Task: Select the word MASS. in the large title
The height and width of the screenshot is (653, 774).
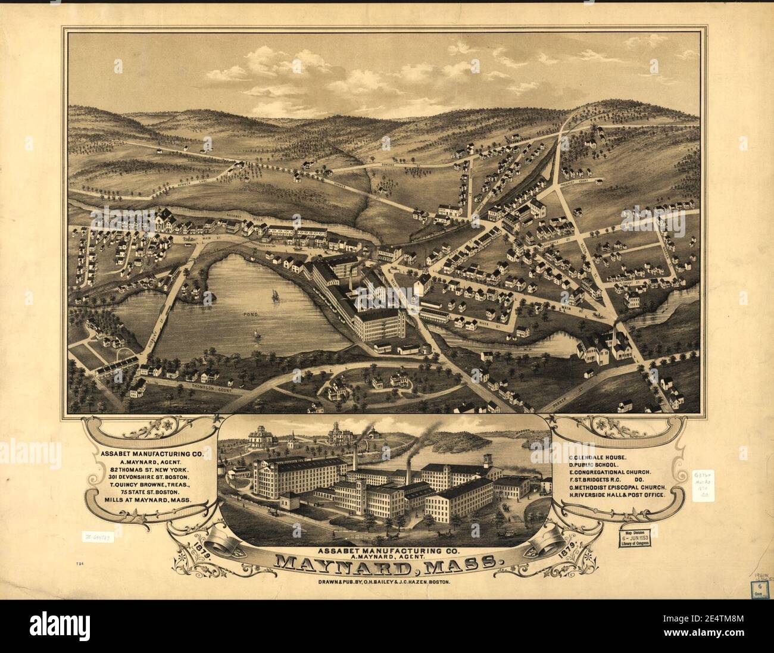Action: [466, 561]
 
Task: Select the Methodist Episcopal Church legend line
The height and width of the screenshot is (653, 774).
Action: [622, 488]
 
